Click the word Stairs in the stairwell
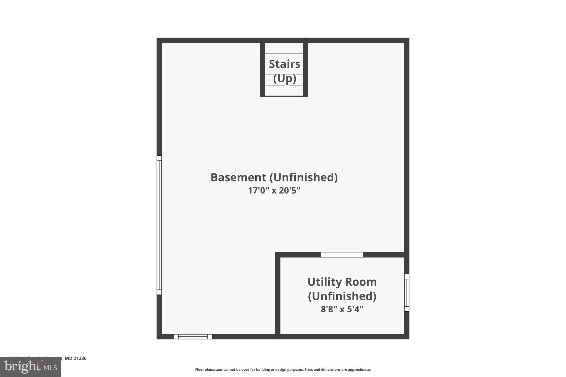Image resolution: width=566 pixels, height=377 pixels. click(284, 64)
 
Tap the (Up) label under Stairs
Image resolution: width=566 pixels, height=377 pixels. click(285, 78)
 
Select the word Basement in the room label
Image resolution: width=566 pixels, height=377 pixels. click(238, 177)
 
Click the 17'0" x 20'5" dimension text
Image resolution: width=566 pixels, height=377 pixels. click(274, 191)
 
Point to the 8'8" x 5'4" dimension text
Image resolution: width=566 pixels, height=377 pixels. click(342, 309)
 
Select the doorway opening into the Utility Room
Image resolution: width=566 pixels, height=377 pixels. click(342, 255)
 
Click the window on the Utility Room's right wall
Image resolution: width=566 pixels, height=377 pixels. click(407, 292)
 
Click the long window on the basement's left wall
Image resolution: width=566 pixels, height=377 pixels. click(159, 225)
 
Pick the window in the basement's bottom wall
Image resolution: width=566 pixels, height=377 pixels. click(193, 336)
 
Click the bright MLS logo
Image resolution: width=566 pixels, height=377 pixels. click(31, 367)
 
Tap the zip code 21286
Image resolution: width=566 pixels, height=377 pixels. click(80, 358)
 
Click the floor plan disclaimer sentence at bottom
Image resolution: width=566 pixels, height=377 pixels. click(283, 370)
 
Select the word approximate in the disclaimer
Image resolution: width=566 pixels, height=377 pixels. click(359, 370)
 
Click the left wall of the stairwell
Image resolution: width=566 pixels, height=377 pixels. click(262, 69)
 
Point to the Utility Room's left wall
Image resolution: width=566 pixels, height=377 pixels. click(278, 296)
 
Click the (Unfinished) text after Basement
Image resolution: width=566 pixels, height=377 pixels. click(303, 177)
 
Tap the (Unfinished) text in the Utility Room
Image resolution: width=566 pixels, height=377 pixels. click(342, 296)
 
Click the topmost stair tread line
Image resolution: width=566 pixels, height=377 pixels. click(284, 54)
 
